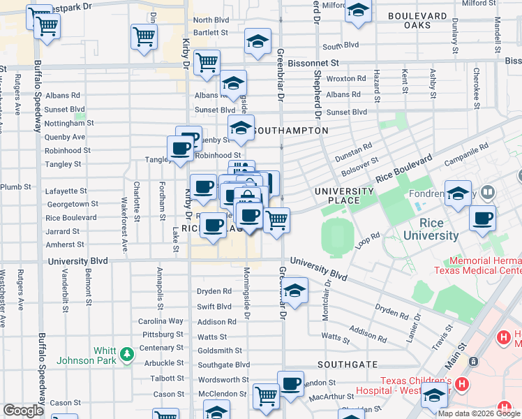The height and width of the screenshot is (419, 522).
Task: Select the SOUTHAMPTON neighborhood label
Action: (290, 131)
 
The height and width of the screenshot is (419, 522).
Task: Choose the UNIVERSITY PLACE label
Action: (344, 196)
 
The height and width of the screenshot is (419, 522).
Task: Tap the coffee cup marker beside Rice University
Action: (482, 218)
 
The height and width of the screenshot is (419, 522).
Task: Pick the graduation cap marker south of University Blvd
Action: (295, 291)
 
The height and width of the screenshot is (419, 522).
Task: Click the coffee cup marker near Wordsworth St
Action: (290, 383)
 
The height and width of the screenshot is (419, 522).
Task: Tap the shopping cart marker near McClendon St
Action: (266, 396)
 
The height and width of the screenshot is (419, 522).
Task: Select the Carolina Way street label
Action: (161, 321)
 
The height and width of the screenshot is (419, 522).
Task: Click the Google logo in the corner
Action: (23, 411)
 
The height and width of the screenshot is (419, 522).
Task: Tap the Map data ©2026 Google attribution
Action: (479, 413)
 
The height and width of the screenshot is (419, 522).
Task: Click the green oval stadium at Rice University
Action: (336, 237)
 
